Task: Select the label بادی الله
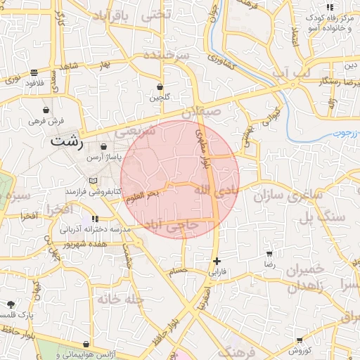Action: [210, 191]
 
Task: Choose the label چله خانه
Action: [121, 299]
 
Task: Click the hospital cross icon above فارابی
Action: [217, 261]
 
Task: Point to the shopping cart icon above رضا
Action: [269, 253]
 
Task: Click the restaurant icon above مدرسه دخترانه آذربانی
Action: [96, 219]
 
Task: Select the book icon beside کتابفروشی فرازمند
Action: [85, 181]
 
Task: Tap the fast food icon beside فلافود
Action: [34, 72]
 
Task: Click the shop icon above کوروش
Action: [291, 340]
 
